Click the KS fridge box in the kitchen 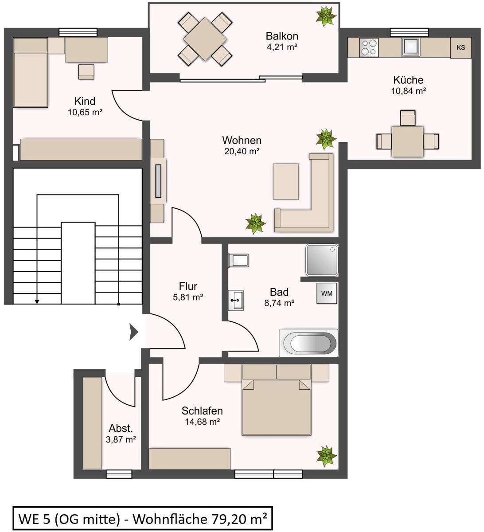[461, 48]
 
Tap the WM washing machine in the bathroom [327, 293]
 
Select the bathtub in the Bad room [308, 343]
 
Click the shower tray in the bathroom [322, 260]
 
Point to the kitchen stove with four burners [369, 47]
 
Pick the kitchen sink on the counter [410, 47]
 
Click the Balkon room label [282, 36]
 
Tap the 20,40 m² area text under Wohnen [242, 151]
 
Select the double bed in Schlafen [276, 400]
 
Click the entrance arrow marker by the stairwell [134, 332]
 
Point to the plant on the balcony [326, 16]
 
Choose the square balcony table [205, 39]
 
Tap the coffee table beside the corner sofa [285, 181]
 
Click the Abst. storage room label [121, 428]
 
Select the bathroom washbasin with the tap [236, 301]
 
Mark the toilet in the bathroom [239, 260]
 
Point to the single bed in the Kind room [31, 72]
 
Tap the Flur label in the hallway [188, 286]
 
